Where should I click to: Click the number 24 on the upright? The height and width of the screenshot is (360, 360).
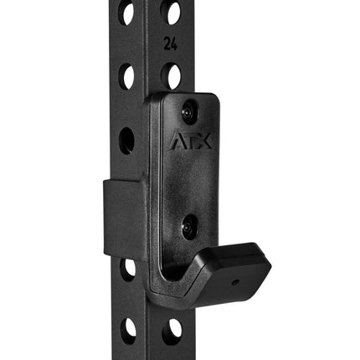click(170, 42)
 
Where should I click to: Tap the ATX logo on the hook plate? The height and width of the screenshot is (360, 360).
click(192, 141)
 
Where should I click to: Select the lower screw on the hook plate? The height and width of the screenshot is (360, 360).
click(189, 224)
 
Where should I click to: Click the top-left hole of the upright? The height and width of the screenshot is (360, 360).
click(127, 13)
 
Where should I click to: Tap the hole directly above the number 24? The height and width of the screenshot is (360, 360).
click(172, 13)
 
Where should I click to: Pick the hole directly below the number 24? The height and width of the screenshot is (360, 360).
click(172, 76)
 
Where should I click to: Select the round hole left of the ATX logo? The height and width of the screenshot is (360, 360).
click(126, 139)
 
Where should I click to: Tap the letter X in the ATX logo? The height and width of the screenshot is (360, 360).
click(203, 141)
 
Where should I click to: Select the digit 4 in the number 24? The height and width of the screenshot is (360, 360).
click(173, 42)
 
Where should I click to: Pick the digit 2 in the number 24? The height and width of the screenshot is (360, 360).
click(167, 42)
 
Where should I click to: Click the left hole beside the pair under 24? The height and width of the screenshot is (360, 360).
click(127, 76)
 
